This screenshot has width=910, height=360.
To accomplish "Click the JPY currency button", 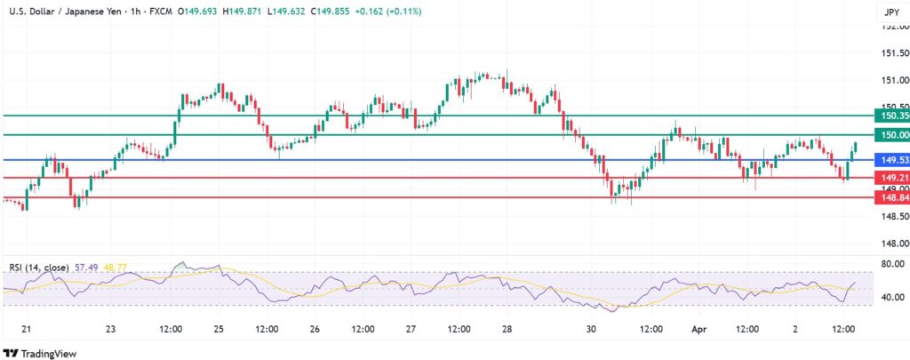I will tap(890, 12).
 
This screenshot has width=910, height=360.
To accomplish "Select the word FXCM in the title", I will tap(163, 12).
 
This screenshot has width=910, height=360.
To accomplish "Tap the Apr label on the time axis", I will tap(698, 329).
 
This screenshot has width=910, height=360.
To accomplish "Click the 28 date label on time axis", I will tap(505, 329).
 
